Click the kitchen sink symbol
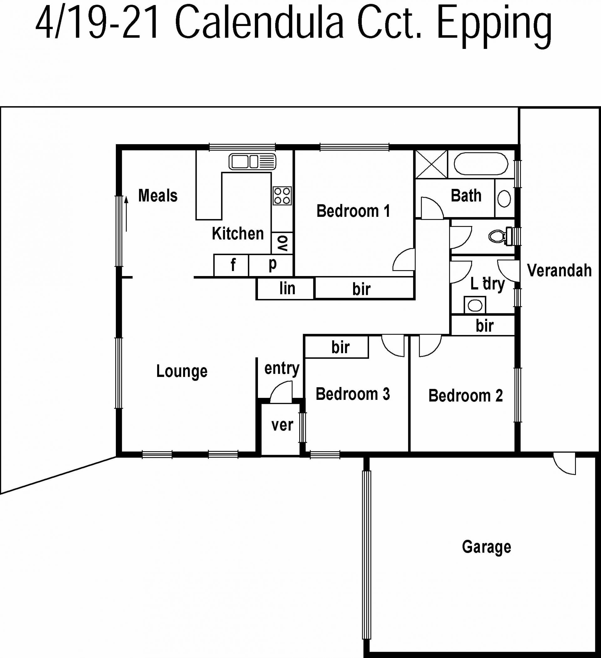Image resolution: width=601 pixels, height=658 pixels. (x=252, y=162)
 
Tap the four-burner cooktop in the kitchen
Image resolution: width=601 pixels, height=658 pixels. (x=282, y=196)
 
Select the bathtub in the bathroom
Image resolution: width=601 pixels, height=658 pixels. (x=481, y=164)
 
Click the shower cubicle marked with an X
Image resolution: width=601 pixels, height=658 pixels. (x=431, y=164)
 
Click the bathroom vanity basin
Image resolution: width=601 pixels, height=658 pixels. (x=504, y=198)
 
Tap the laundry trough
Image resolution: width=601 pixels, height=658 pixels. (x=475, y=305)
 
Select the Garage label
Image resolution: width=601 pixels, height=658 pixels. (x=486, y=547)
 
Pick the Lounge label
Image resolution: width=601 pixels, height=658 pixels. (x=182, y=371)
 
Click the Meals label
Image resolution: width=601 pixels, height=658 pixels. (x=158, y=196)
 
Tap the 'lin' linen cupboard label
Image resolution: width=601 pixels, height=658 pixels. (x=287, y=288)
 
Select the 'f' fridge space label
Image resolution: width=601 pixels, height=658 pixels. (x=233, y=265)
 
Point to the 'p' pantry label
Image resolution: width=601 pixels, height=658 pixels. (x=273, y=264)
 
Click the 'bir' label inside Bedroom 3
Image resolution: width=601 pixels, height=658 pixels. (x=341, y=347)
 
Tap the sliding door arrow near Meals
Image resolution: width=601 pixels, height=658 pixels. (x=126, y=214)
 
